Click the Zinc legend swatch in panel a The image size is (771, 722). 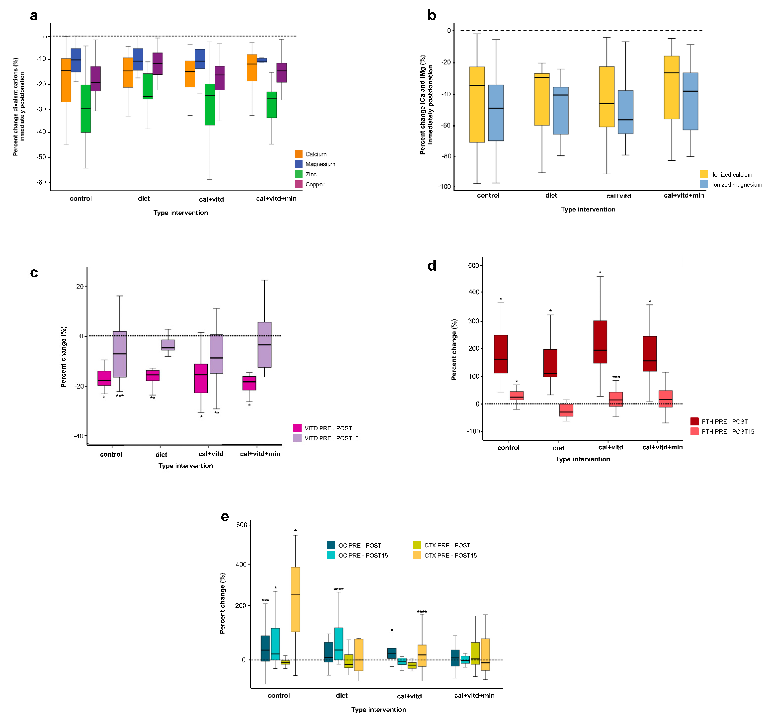[x=298, y=174]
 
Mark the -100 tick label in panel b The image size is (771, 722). [x=445, y=187]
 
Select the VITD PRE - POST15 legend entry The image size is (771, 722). [x=326, y=438]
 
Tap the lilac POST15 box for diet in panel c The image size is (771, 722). [x=168, y=345]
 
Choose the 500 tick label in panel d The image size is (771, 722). [x=473, y=265]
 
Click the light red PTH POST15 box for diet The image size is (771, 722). [x=566, y=410]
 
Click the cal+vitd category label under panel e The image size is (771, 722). [x=409, y=696]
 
